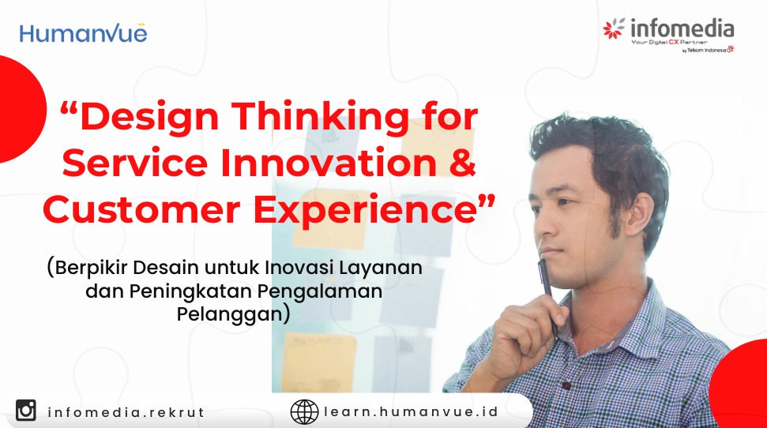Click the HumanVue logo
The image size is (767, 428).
83,33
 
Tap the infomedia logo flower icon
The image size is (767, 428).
614,28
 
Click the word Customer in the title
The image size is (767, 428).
141,209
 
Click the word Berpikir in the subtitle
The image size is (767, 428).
92,268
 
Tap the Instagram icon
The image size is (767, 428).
26,410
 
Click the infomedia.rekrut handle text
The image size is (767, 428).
126,412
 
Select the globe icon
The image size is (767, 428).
304,411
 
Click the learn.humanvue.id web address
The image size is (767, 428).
411,412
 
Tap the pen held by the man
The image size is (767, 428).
547,296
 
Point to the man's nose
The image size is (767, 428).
542,223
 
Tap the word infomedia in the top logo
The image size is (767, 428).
682,28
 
